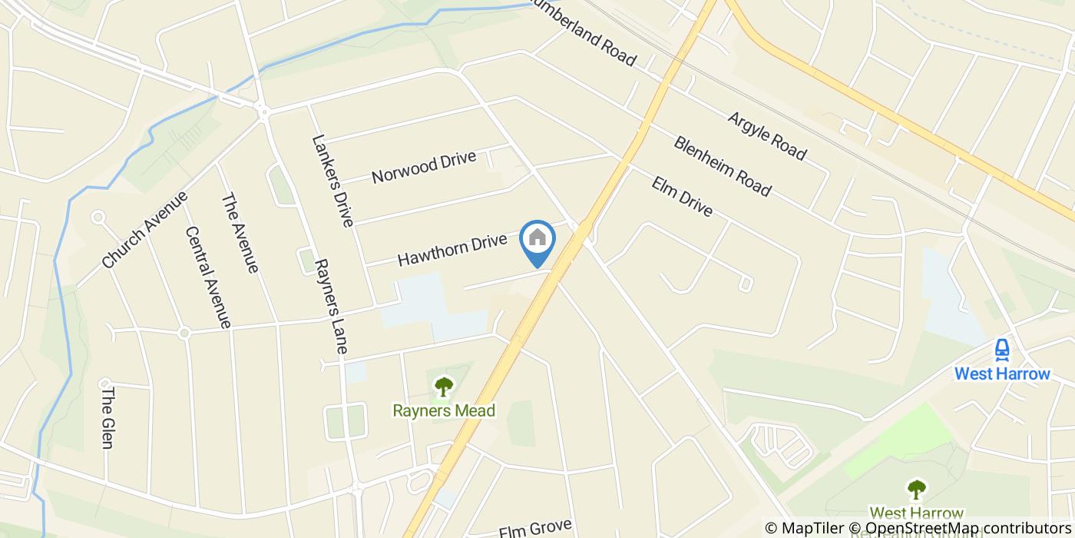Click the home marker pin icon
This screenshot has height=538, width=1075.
(x=537, y=239)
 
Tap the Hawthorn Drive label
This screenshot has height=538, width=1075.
(x=452, y=250)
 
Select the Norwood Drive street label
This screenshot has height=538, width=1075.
(x=423, y=168)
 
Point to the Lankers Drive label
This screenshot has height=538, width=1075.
(x=332, y=181)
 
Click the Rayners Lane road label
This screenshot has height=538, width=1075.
(x=332, y=306)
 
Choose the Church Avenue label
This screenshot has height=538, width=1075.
(x=144, y=230)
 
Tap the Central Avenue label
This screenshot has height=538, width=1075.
(x=207, y=277)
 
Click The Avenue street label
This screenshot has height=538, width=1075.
(x=240, y=233)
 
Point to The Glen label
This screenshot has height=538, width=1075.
(x=107, y=417)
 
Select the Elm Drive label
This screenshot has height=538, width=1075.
(x=682, y=196)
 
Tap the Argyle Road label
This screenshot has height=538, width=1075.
(x=766, y=136)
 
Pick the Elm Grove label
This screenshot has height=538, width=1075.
(x=535, y=529)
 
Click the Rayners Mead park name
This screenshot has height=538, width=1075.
(x=444, y=410)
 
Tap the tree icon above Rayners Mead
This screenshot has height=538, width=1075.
(x=444, y=385)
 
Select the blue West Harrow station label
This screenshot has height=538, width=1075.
(x=1001, y=374)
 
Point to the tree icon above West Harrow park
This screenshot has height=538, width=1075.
(x=915, y=489)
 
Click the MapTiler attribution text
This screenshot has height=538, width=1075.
(x=812, y=528)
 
